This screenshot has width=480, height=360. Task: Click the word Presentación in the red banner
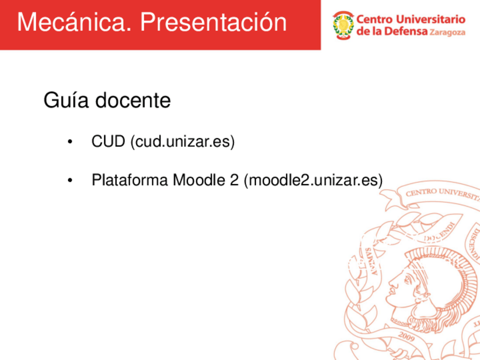213,23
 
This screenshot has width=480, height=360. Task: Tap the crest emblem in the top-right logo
342,25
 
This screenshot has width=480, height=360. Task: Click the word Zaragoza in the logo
447,33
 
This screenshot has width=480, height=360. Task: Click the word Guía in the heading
66,101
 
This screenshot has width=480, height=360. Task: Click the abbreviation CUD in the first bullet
108,141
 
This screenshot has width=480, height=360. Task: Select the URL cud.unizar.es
182,142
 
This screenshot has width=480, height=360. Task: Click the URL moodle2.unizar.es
313,181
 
